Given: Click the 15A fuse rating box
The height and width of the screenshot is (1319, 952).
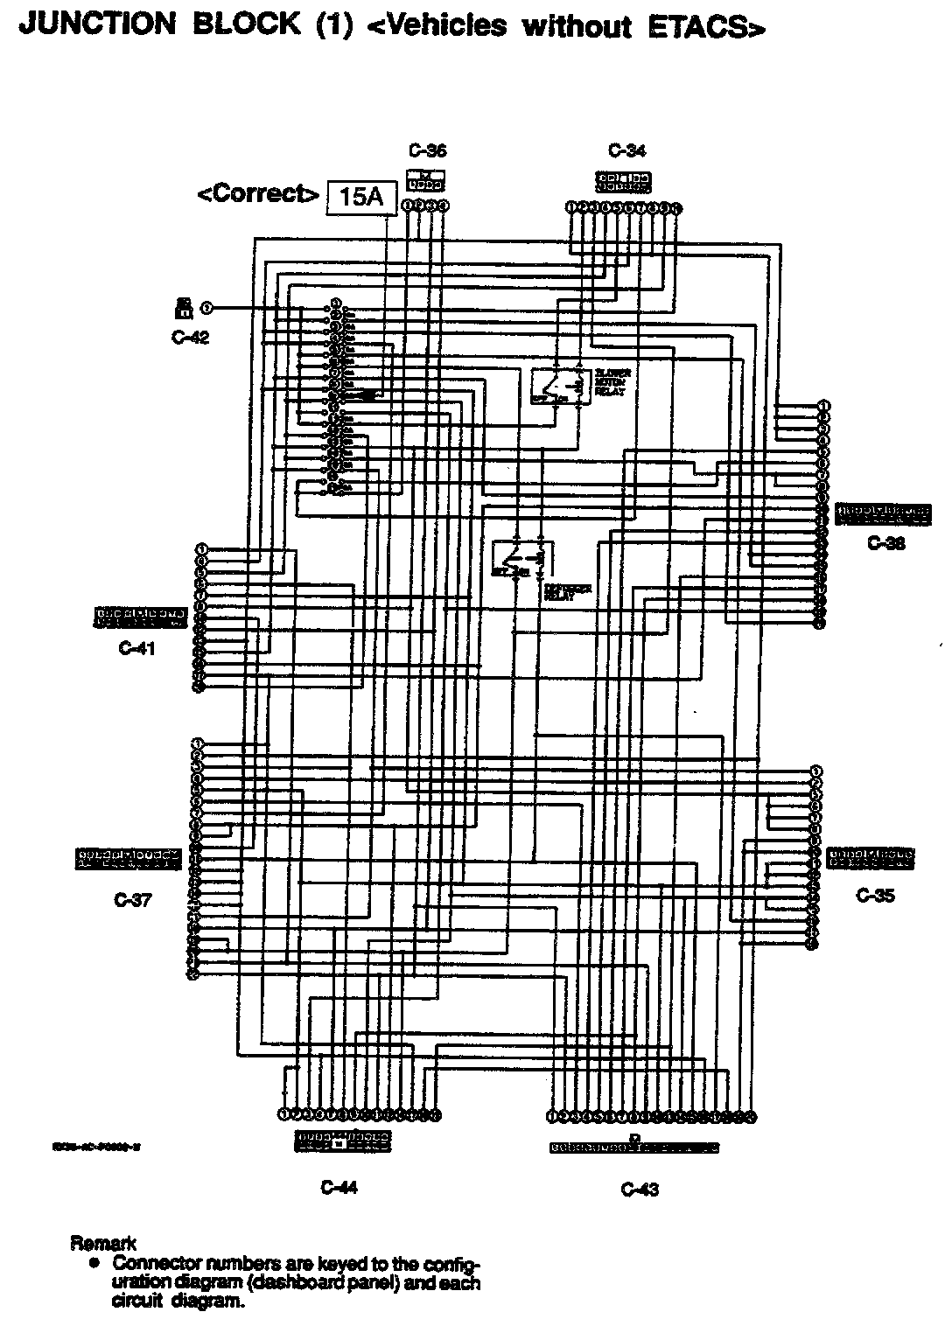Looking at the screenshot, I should [361, 198].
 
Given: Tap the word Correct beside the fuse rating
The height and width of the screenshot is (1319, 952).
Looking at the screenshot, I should [258, 193].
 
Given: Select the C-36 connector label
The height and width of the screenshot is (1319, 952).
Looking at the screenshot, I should [427, 150].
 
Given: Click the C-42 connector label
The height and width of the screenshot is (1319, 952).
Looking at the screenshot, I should [190, 338].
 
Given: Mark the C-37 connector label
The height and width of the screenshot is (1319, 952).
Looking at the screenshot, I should [133, 901].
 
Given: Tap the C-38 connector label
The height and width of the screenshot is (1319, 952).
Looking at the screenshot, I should [885, 543].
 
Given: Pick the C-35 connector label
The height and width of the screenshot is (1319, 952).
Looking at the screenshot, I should [875, 896].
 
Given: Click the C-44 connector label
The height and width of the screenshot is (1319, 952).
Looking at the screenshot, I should [339, 1187].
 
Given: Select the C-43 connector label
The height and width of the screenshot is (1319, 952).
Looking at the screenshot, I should [639, 1189].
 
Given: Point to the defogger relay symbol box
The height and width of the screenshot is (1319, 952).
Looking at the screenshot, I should [516, 561].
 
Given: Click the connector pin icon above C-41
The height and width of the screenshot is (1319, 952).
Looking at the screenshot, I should [140, 617].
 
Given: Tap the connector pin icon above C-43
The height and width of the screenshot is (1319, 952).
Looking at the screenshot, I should [634, 1146].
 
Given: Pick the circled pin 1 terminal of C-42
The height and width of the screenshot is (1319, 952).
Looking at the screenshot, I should [206, 307].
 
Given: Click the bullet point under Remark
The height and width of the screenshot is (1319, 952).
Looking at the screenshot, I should [92, 1263].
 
